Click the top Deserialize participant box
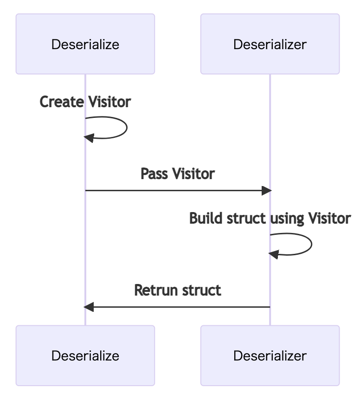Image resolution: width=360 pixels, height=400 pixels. click(x=85, y=44)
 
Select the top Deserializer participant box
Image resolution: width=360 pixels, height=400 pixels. click(x=270, y=44)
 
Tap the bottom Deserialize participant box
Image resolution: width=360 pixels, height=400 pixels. click(x=85, y=355)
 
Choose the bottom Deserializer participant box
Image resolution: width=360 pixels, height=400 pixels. click(x=270, y=355)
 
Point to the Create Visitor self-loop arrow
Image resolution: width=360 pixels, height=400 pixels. click(x=125, y=127)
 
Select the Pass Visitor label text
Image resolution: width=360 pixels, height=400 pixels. click(x=178, y=174)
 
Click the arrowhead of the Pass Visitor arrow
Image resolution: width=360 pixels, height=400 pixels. click(x=266, y=190)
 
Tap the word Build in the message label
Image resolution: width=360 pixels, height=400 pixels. click(x=203, y=218)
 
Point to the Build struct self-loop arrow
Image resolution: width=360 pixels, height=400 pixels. click(x=310, y=244)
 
